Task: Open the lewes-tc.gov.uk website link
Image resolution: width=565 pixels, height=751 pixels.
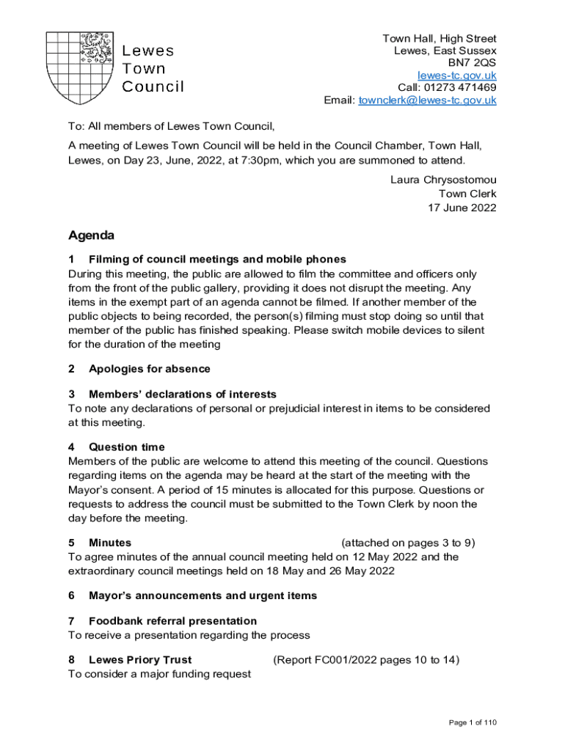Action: (456, 76)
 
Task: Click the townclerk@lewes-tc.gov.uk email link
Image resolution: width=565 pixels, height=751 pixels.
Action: (427, 100)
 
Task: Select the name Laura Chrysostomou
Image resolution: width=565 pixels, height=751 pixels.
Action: (443, 180)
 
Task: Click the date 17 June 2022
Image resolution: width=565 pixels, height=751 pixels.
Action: (462, 208)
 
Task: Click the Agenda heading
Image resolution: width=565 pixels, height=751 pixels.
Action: (91, 236)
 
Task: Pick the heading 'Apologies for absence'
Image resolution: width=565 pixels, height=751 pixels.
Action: (149, 369)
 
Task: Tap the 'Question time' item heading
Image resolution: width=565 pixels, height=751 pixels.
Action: (126, 447)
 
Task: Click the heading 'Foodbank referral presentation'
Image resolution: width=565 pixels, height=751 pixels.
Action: (172, 621)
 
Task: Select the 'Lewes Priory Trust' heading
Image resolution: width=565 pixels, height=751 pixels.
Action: (140, 660)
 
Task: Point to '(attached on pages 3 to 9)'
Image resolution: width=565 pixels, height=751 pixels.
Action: (408, 543)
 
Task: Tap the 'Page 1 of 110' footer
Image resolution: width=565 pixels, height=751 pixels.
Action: (473, 723)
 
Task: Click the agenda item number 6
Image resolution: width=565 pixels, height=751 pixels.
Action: (71, 596)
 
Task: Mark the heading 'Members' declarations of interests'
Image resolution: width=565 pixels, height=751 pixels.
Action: (182, 395)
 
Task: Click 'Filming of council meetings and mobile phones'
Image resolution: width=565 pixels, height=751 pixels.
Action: (217, 259)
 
